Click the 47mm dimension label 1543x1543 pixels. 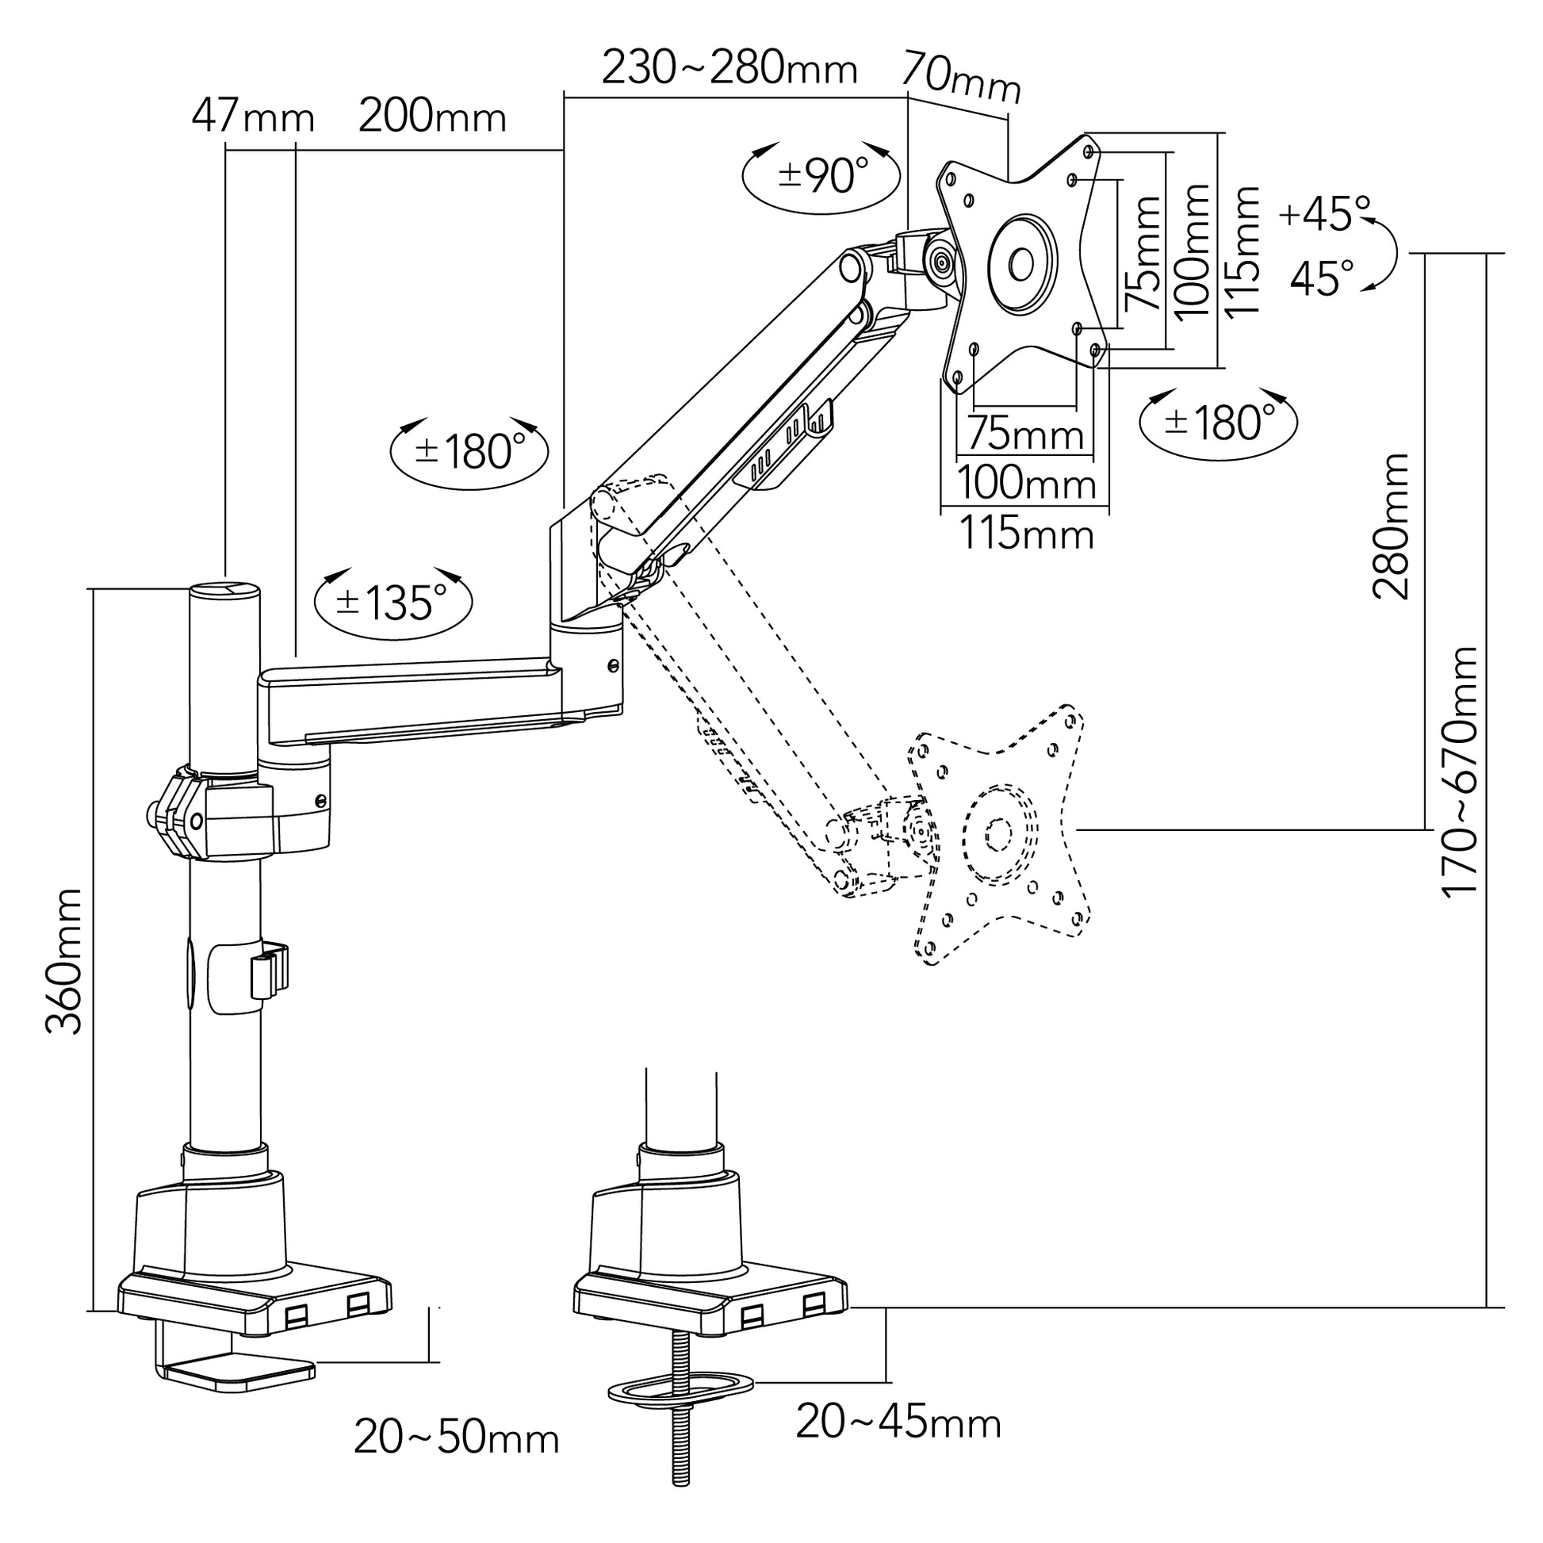(x=252, y=118)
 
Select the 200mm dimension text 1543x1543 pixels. (x=432, y=117)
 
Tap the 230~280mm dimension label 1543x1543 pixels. (x=729, y=69)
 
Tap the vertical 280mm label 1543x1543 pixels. (x=1391, y=526)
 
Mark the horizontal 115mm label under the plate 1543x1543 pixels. (x=1025, y=534)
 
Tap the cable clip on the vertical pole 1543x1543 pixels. (x=269, y=971)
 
